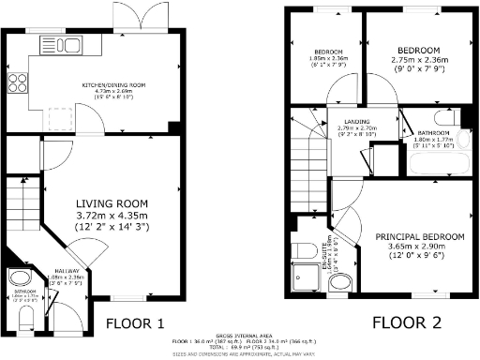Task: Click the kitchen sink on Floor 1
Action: point(50,44)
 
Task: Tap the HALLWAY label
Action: point(67,269)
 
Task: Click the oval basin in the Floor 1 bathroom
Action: point(18,279)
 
